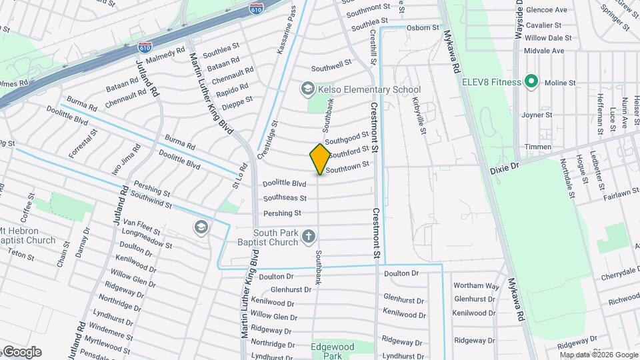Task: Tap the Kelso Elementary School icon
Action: [x=307, y=89]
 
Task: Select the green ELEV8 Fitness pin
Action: [x=531, y=82]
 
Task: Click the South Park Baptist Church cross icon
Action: [x=308, y=235]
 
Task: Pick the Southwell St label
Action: [x=331, y=65]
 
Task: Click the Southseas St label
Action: [x=285, y=198]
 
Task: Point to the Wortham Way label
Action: [x=476, y=285]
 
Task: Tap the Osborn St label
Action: [x=424, y=28]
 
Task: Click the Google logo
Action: [x=22, y=352]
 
